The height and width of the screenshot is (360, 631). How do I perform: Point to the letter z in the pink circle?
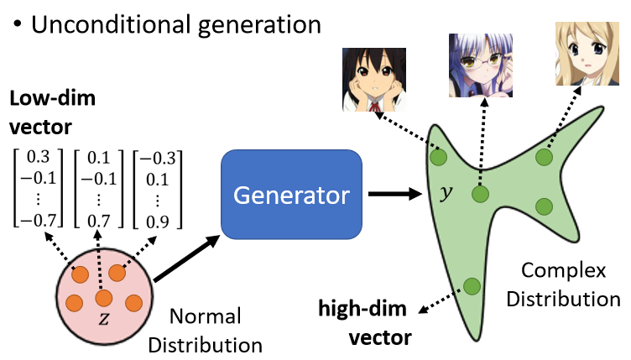click(104, 318)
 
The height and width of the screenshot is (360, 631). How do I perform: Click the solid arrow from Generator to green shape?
click(396, 194)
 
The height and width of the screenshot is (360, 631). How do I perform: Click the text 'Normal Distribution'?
click(216, 330)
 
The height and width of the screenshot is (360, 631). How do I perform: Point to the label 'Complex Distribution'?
click(570, 284)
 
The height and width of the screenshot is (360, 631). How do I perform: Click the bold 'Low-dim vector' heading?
click(52, 112)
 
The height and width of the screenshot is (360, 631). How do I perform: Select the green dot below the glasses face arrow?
click(479, 196)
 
